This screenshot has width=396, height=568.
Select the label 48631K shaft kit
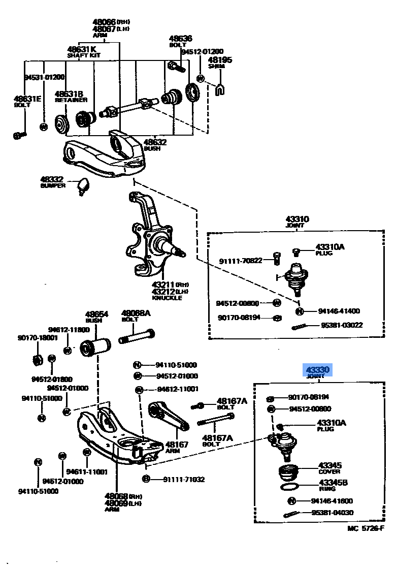click(82, 49)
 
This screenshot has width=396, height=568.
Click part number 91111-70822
click(241, 261)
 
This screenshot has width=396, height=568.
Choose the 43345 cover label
click(329, 465)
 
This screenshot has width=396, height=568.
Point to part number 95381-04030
click(332, 513)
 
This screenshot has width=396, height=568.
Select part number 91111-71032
click(184, 479)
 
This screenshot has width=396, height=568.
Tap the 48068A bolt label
click(136, 313)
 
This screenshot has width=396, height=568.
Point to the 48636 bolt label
click(181, 39)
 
